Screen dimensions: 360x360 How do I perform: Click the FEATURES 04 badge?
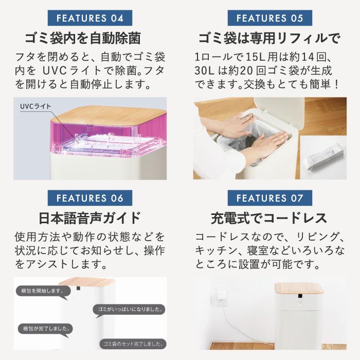tap(89, 18)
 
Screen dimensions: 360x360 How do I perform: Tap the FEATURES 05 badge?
tap(269, 18)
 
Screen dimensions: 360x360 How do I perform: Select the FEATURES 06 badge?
tap(89, 198)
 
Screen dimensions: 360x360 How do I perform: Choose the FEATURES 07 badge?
tap(269, 198)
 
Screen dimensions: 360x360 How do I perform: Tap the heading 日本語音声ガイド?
tap(89, 218)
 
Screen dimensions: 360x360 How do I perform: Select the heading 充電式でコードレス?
tap(269, 218)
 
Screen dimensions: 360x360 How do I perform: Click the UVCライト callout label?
tap(35, 107)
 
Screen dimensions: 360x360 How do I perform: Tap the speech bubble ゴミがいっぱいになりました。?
tap(130, 310)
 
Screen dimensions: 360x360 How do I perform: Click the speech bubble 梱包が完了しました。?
tap(45, 328)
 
